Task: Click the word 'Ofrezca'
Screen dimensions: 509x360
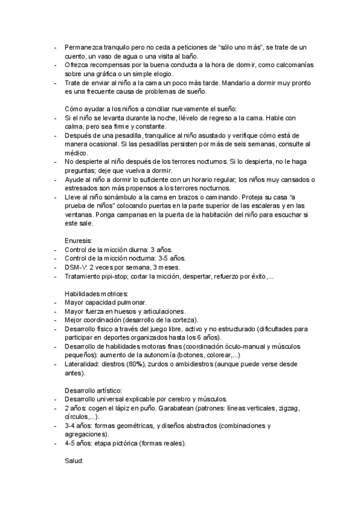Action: (x=76, y=64)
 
